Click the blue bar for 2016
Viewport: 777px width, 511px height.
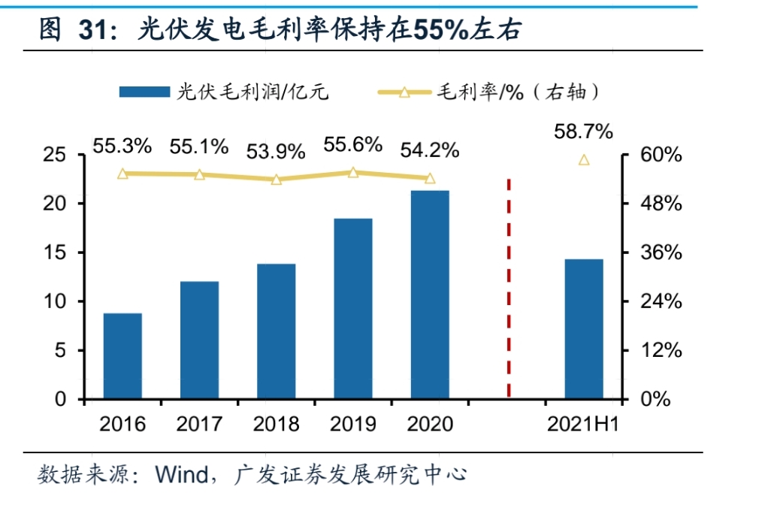pyautogui.click(x=122, y=355)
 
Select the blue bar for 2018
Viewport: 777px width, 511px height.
pyautogui.click(x=277, y=331)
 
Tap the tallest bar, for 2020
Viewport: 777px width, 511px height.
pyautogui.click(x=430, y=295)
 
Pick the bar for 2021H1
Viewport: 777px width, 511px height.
pyautogui.click(x=584, y=328)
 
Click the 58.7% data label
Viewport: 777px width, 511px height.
pyautogui.click(x=584, y=132)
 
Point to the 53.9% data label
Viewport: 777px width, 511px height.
pyautogui.click(x=277, y=151)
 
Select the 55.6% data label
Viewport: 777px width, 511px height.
pyautogui.click(x=353, y=144)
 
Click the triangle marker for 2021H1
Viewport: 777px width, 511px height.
pyautogui.click(x=584, y=159)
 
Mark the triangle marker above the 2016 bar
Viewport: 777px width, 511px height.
pyautogui.click(x=122, y=174)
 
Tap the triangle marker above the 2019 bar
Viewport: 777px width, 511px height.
pyautogui.click(x=353, y=173)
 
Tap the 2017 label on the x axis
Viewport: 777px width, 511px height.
pyautogui.click(x=199, y=425)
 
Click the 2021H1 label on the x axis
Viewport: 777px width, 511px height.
pyautogui.click(x=583, y=425)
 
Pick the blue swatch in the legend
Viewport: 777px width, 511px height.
pyautogui.click(x=144, y=92)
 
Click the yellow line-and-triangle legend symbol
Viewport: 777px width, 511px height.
pyautogui.click(x=404, y=92)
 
